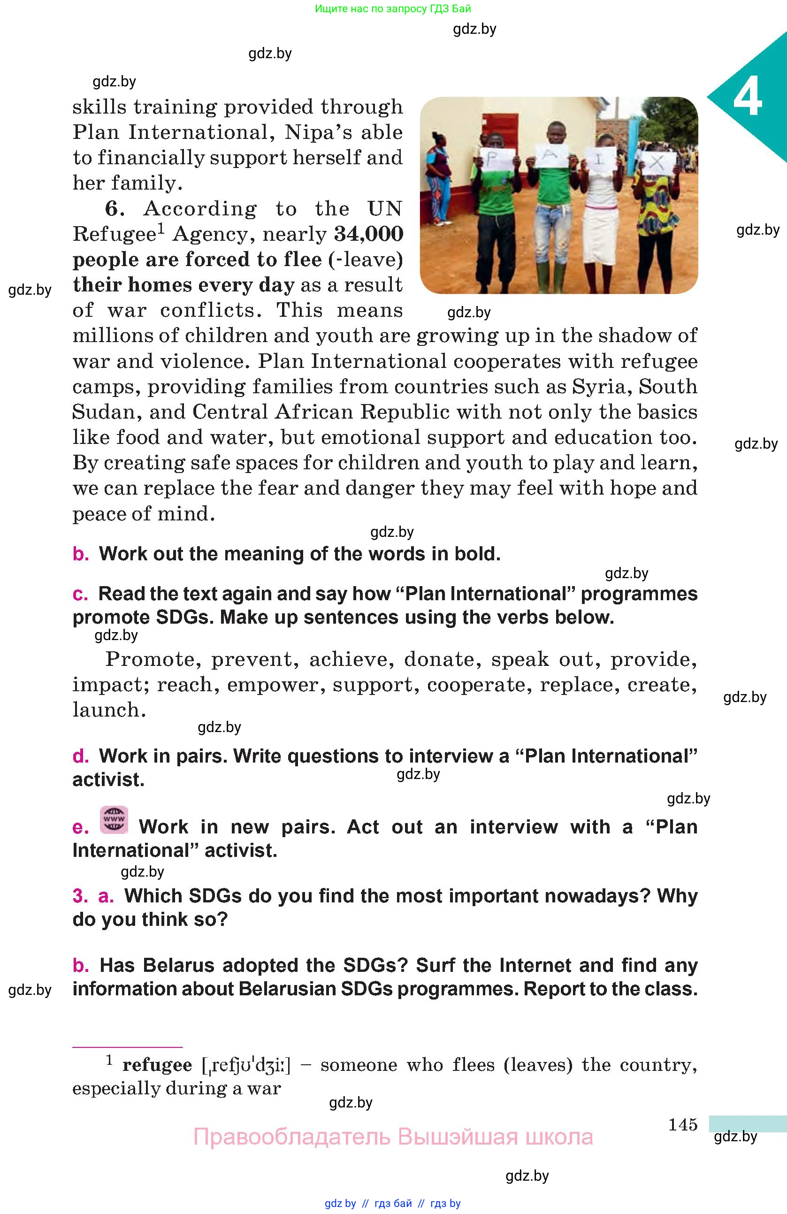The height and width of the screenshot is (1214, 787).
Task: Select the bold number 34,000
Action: coord(368,234)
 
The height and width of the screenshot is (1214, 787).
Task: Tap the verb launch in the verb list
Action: coord(108,710)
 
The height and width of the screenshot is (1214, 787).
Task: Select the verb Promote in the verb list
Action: coord(151,659)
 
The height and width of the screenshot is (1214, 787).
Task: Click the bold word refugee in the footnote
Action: coord(157,1066)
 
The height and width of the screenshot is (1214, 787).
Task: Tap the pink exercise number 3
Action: coord(80,896)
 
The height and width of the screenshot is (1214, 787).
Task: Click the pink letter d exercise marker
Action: coord(81,756)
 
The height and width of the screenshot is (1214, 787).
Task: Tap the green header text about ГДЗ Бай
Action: coord(393,8)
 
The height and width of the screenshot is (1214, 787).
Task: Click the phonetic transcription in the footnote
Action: coord(246,1066)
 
